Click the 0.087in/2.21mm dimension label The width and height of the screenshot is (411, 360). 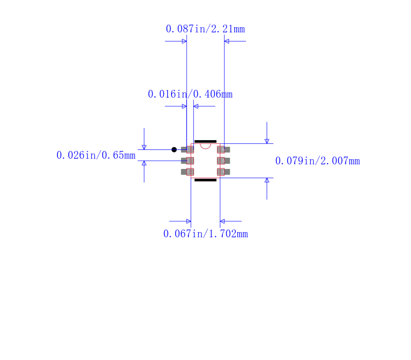(205, 29)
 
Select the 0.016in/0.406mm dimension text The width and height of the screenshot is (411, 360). (190, 94)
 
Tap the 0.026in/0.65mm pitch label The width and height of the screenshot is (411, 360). (96, 155)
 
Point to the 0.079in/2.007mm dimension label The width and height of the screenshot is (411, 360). (317, 161)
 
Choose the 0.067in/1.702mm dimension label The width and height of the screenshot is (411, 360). (206, 234)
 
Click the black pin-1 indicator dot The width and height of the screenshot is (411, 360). (174, 149)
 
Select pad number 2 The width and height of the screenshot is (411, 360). (188, 161)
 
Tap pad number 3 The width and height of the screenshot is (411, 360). (188, 172)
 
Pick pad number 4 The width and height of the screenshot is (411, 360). (223, 172)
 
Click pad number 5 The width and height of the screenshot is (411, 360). (223, 161)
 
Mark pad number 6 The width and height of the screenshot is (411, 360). (223, 149)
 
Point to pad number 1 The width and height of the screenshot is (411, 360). (188, 149)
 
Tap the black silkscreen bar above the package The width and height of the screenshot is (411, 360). (206, 142)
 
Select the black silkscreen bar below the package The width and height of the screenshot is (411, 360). (206, 180)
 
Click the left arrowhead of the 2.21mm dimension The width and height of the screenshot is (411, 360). (184, 41)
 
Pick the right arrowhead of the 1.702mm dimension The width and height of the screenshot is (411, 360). (222, 221)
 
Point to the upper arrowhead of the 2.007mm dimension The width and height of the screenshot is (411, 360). (267, 141)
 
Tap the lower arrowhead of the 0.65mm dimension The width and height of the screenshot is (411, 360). (144, 163)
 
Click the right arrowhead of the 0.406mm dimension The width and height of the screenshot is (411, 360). (196, 106)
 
